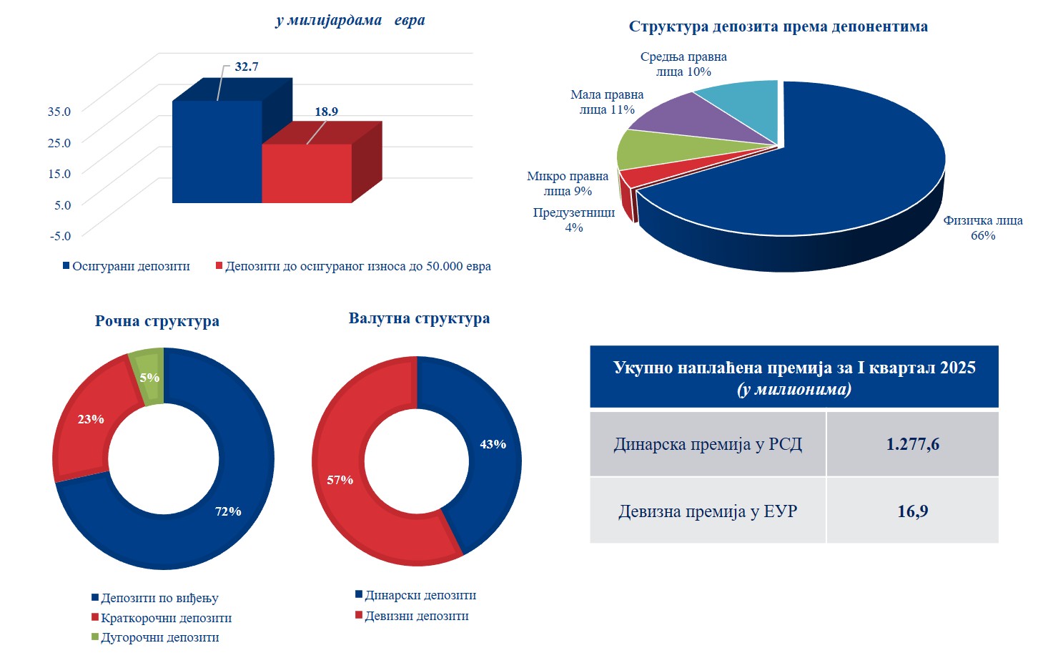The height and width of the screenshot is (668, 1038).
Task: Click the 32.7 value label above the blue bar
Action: click(x=246, y=67)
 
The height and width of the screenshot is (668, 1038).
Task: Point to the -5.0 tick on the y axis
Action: click(x=60, y=235)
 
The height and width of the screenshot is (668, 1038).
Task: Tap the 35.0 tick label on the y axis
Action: click(x=59, y=111)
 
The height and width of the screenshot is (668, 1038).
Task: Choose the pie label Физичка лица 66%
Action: click(x=982, y=228)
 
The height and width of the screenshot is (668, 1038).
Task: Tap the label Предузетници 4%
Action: click(x=574, y=220)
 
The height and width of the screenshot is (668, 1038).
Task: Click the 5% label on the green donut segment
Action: click(x=149, y=378)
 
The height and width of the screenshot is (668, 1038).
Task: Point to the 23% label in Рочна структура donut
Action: click(x=91, y=419)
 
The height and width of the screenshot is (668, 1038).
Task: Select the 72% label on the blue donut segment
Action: click(x=228, y=511)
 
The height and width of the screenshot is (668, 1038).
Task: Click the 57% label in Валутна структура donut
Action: click(x=340, y=480)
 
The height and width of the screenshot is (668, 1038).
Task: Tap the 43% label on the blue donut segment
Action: click(x=493, y=444)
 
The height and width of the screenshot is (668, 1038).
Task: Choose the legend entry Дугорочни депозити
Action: click(x=159, y=637)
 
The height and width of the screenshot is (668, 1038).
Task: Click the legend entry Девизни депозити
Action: click(x=416, y=616)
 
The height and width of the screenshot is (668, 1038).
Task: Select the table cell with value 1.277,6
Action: click(x=912, y=444)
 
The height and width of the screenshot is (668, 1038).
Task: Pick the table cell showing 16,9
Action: click(x=912, y=511)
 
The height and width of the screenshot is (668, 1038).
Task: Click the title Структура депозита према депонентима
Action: click(x=778, y=26)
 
